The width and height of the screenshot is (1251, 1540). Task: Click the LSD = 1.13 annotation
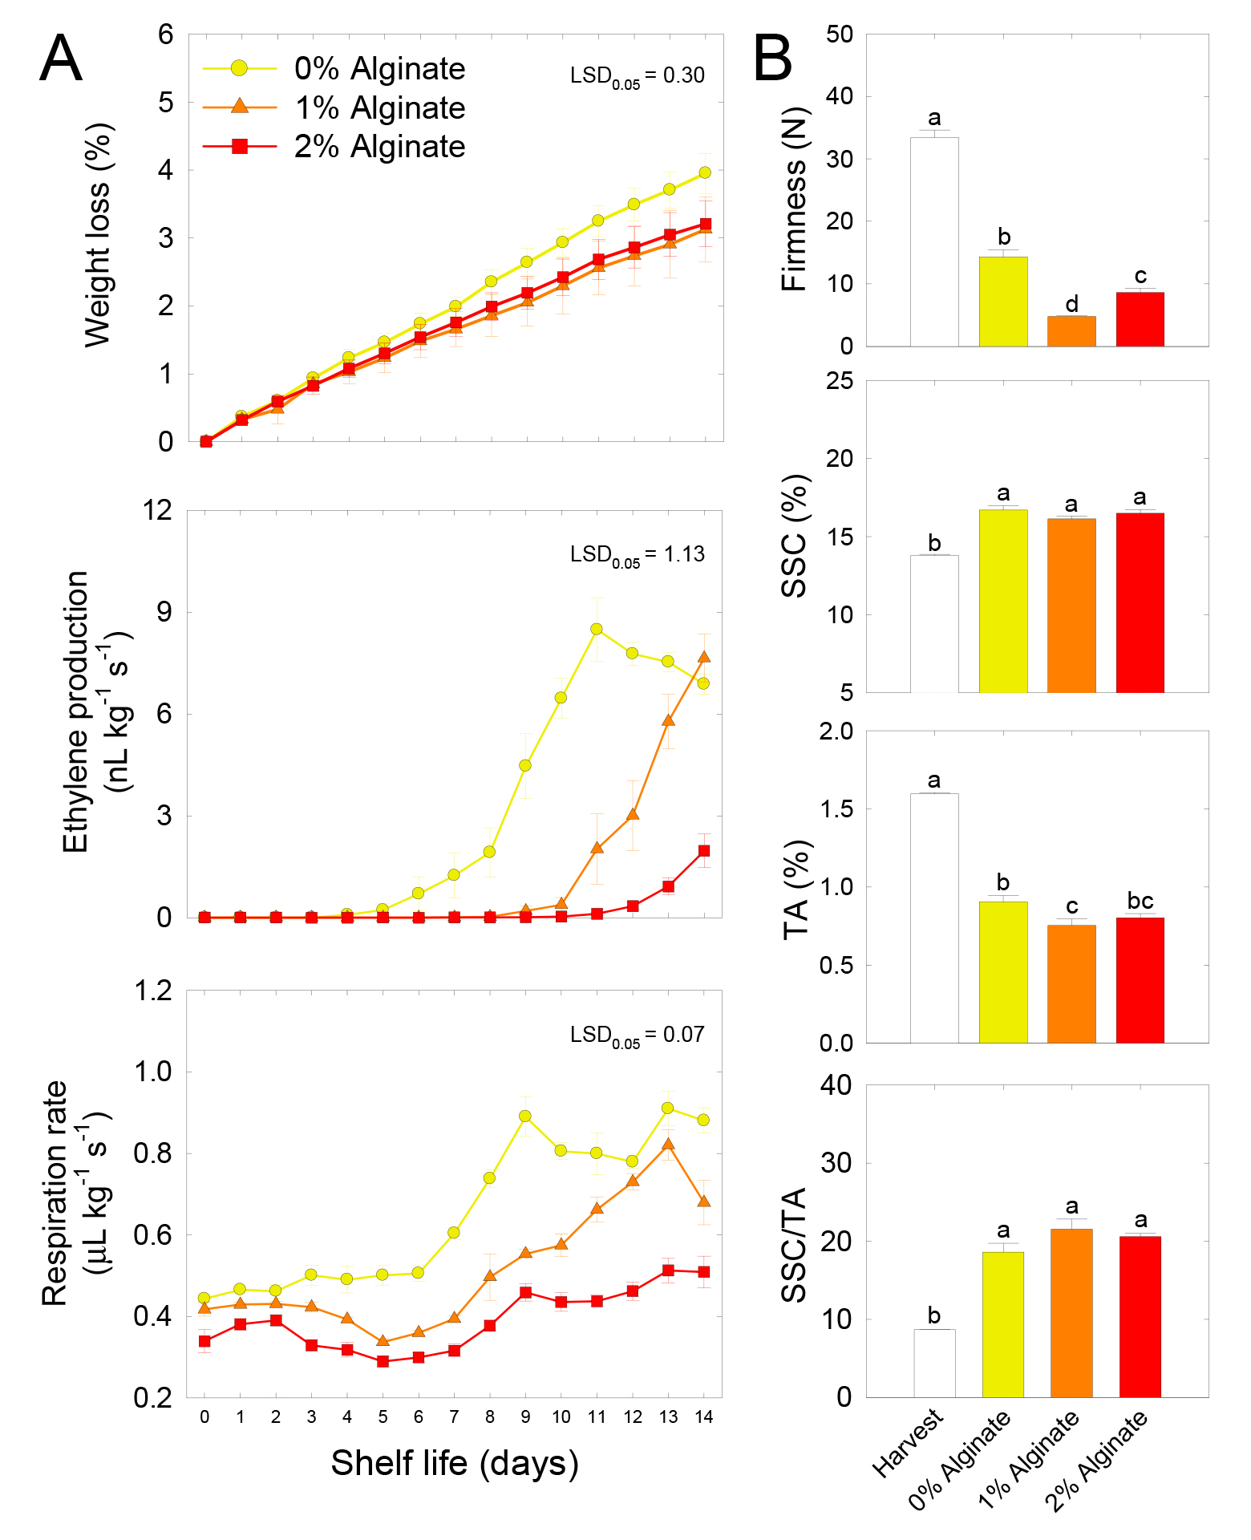click(x=637, y=555)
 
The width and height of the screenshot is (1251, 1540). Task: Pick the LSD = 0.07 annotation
click(x=637, y=1035)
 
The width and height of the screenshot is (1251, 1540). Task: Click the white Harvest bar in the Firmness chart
click(x=934, y=241)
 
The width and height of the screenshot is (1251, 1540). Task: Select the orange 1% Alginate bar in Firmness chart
click(x=1071, y=331)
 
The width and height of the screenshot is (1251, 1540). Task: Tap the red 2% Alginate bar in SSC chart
click(x=1140, y=602)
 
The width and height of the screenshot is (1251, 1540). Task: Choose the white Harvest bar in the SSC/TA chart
click(x=934, y=1364)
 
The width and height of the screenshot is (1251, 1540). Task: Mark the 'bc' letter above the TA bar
click(x=1140, y=901)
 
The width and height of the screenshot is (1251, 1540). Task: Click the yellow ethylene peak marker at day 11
click(x=597, y=629)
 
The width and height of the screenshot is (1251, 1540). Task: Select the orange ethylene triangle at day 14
click(x=703, y=658)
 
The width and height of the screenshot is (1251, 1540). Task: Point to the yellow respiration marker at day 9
click(x=525, y=1116)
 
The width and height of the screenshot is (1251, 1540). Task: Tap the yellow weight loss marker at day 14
click(x=705, y=172)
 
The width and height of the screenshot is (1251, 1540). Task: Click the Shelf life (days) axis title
click(x=455, y=1463)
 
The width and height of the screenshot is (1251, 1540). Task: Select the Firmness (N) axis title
click(x=795, y=200)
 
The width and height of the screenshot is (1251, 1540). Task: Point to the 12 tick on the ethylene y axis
click(x=164, y=510)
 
